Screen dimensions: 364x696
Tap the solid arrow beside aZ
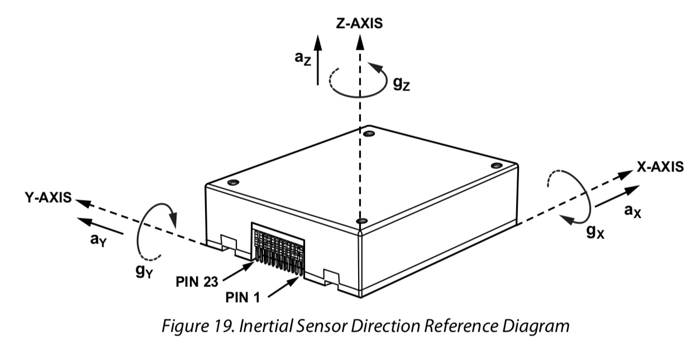click(317, 59)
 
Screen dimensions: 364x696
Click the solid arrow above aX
click(616, 197)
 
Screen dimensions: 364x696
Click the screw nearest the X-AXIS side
click(496, 165)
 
